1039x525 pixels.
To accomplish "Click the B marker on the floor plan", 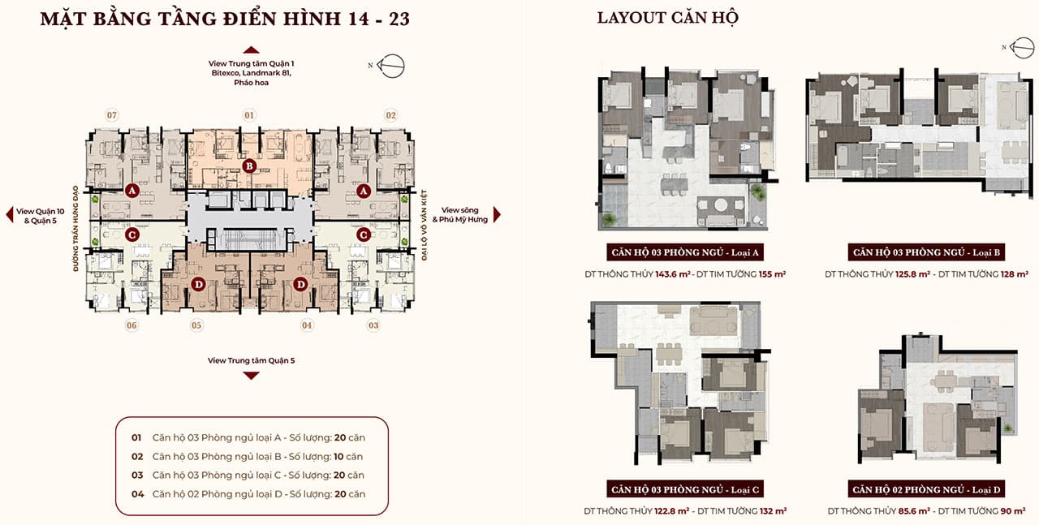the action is click(x=249, y=166).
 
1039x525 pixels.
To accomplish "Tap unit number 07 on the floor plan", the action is click(x=112, y=115).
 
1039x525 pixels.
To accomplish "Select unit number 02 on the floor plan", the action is click(x=391, y=115).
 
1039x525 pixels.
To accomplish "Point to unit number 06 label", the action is click(x=131, y=325).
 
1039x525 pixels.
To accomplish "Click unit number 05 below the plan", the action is click(x=196, y=325).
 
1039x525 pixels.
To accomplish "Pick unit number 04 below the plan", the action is click(x=307, y=325).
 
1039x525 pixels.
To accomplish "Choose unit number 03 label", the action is click(x=373, y=325).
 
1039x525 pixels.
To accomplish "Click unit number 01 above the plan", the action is click(x=249, y=115).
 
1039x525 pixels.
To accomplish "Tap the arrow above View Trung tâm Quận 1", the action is click(x=251, y=50).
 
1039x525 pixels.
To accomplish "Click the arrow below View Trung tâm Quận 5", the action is click(x=251, y=376).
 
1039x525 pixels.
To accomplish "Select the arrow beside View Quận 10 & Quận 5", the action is click(x=9, y=215).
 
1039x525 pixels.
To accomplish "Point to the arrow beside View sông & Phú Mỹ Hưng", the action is click(x=497, y=215).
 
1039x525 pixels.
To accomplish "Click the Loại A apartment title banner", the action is click(x=685, y=252).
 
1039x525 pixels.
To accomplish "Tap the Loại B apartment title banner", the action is click(x=926, y=252).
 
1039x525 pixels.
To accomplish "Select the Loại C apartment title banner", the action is click(x=685, y=489).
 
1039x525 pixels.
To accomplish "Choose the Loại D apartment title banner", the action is click(x=926, y=489).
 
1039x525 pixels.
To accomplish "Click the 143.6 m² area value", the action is click(x=673, y=274).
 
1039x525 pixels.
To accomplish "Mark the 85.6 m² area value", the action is click(x=914, y=511).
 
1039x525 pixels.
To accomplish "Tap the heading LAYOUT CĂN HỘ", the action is click(x=667, y=18).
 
